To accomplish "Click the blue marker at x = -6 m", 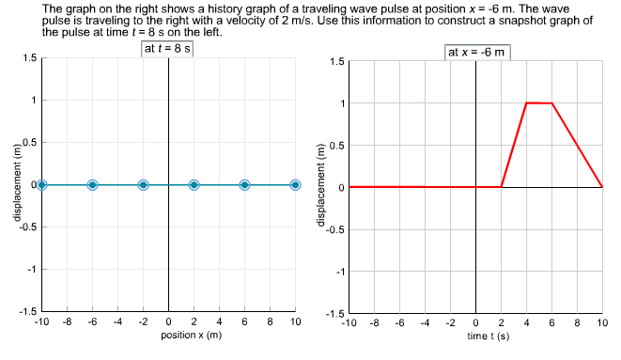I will tap(92, 185).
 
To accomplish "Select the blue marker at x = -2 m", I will tap(143, 185).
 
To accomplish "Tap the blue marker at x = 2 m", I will tap(194, 185).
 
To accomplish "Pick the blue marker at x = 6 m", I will tap(244, 185).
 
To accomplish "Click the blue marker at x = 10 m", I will tap(295, 185).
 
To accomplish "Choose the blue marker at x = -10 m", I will tap(41, 185).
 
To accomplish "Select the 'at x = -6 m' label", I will tap(476, 52).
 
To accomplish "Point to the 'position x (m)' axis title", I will tap(168, 335).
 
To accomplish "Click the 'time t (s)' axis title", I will tap(475, 336).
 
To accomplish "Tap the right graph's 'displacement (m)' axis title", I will tap(321, 186).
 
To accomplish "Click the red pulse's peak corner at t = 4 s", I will tap(526, 102).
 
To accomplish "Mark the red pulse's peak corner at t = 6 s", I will tap(551, 103).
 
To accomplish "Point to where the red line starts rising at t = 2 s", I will tap(502, 187).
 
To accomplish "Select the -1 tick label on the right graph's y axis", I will tap(337, 272).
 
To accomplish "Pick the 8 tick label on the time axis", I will tap(577, 323).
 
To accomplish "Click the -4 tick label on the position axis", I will tap(116, 322).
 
